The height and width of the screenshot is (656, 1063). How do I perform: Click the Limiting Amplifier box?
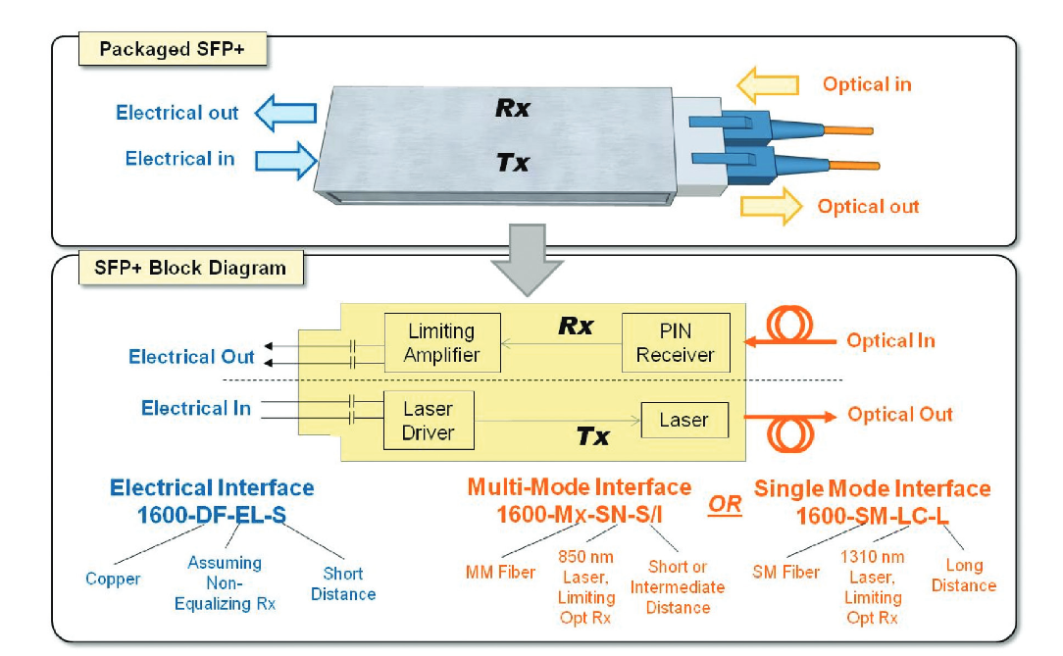(441, 343)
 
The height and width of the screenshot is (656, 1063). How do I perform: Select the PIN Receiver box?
(676, 343)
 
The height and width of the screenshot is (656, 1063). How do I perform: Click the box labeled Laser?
(683, 420)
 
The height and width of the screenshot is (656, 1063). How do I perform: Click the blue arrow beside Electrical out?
(285, 113)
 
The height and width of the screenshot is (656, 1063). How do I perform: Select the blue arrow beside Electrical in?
(288, 159)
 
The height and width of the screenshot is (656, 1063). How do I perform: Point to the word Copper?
(113, 579)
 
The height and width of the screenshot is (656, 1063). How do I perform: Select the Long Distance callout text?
(963, 576)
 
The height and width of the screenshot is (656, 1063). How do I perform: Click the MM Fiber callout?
(500, 571)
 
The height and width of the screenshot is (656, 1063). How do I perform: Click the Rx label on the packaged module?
(512, 109)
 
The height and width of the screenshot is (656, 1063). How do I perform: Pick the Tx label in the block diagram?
(592, 436)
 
